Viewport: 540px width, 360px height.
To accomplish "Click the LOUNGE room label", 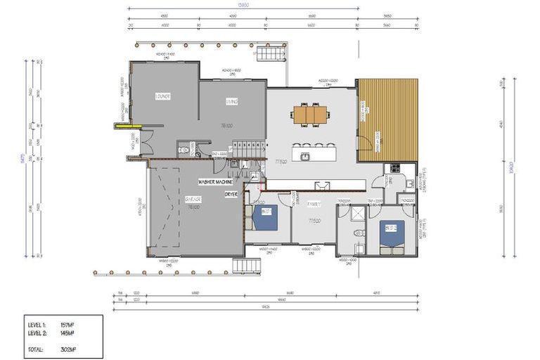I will pos(164,96).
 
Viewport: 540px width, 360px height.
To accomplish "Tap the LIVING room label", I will pos(231,102).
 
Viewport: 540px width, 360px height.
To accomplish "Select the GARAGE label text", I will pos(174,200).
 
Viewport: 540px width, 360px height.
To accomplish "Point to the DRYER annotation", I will pos(231,193).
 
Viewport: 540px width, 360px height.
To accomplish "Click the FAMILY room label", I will pos(314,204).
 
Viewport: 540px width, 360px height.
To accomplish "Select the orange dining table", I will pos(310,114).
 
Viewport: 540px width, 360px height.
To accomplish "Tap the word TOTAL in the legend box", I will pos(37,349).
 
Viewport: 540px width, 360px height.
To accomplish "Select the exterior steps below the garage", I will pos(246,266).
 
